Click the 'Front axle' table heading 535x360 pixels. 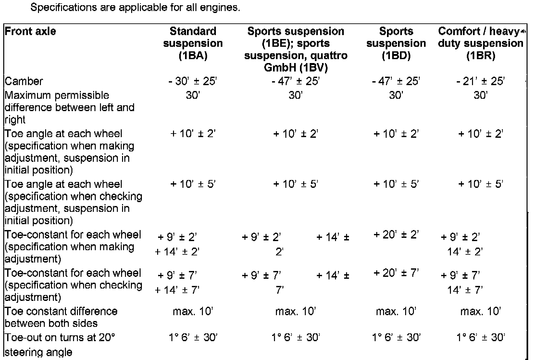(x=30, y=32)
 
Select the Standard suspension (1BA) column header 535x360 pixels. (x=193, y=43)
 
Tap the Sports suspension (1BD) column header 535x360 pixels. (x=396, y=43)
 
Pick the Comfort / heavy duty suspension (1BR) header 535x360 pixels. (x=480, y=43)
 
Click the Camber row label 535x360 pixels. (x=24, y=81)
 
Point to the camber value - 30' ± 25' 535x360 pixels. (x=193, y=81)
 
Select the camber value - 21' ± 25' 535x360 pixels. (x=480, y=81)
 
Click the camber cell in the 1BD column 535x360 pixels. (x=396, y=81)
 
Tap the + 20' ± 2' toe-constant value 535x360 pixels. (x=396, y=235)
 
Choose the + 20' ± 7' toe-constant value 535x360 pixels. (x=396, y=273)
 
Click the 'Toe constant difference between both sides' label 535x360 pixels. (x=61, y=317)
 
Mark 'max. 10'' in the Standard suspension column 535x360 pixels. (x=193, y=312)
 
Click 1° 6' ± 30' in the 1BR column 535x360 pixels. (x=480, y=338)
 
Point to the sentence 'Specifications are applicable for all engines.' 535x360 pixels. (x=135, y=7)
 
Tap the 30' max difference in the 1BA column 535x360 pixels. (x=193, y=95)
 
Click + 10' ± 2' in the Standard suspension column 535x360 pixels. (x=193, y=134)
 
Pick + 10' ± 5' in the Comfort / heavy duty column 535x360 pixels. (x=480, y=184)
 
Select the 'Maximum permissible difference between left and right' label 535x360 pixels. (x=69, y=108)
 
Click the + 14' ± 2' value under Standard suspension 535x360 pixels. (x=177, y=252)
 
